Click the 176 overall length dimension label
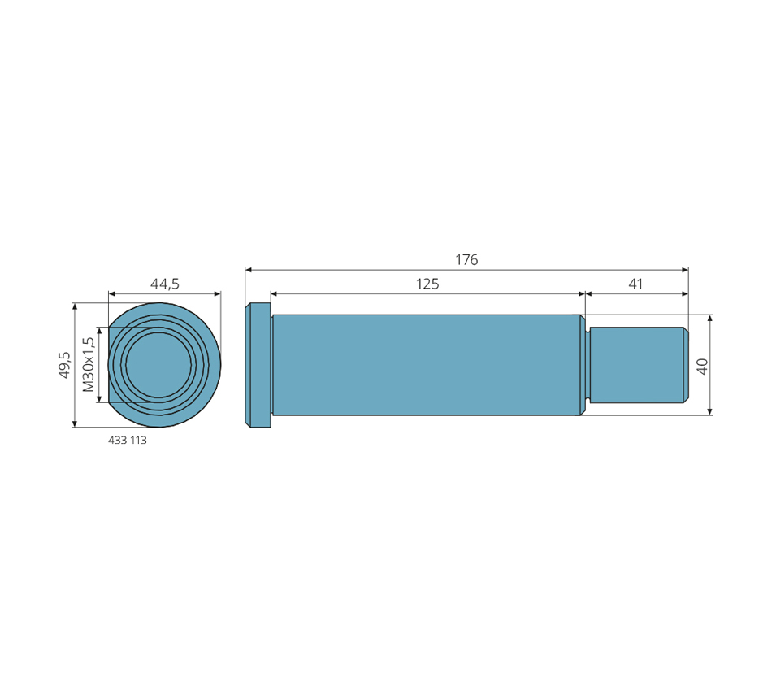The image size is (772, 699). pyautogui.click(x=466, y=259)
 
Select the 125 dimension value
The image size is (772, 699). pyautogui.click(x=427, y=284)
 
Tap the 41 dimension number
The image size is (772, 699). pyautogui.click(x=635, y=284)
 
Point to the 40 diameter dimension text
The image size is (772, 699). pyautogui.click(x=703, y=366)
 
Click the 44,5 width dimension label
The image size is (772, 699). pyautogui.click(x=165, y=284)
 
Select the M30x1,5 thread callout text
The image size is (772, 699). pyautogui.click(x=89, y=364)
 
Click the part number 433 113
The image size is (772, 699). pyautogui.click(x=127, y=440)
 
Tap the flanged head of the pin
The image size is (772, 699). pyautogui.click(x=258, y=365)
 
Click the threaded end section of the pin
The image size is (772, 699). pyautogui.click(x=639, y=365)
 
